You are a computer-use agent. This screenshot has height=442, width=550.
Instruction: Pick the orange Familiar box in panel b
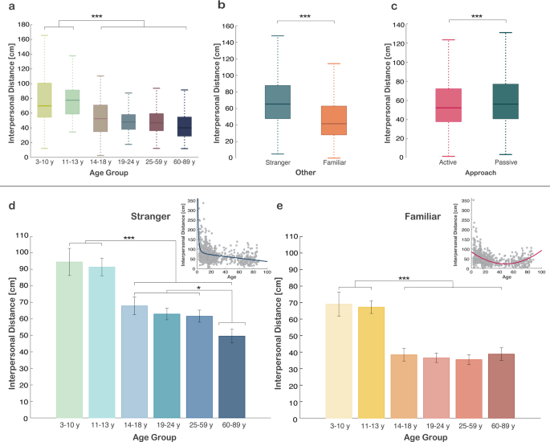[x=332, y=120]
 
